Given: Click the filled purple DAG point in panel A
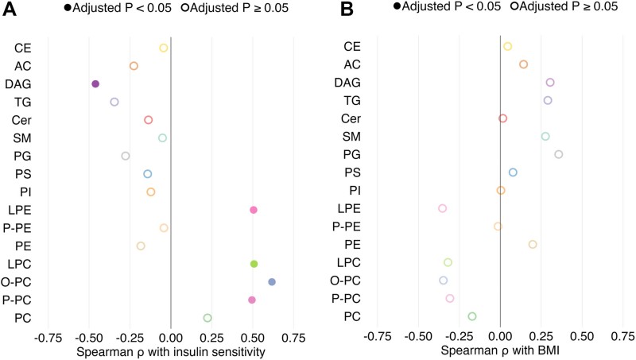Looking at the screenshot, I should click(95, 83).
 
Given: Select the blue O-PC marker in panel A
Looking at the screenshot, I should click(272, 282).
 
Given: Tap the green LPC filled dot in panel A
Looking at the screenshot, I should click(254, 264).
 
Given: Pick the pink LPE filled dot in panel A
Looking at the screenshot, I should click(254, 210).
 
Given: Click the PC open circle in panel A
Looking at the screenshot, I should click(207, 318).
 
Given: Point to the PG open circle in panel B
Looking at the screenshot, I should click(558, 154).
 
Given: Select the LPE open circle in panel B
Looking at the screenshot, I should click(442, 208).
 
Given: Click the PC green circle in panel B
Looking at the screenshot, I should click(472, 316).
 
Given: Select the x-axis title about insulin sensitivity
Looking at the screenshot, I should click(170, 350).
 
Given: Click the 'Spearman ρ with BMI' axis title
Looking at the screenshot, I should click(499, 350).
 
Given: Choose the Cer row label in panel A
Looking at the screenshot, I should click(21, 120).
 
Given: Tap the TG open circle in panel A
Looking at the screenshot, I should click(114, 102).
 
